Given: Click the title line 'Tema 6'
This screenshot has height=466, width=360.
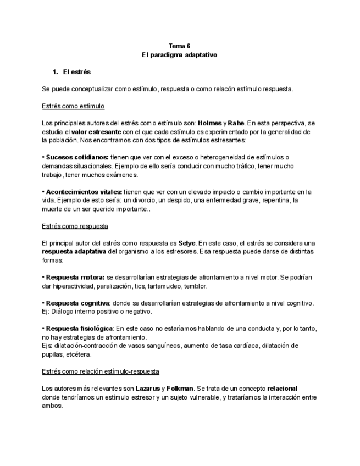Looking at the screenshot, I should point(179,46).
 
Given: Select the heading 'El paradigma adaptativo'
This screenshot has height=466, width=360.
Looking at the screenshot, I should point(179,55).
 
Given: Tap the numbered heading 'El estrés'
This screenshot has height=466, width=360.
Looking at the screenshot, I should point(77,72).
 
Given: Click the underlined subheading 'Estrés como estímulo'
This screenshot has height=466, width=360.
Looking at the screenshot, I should point(73,106).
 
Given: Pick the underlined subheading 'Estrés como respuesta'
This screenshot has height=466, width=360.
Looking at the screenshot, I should point(75,226).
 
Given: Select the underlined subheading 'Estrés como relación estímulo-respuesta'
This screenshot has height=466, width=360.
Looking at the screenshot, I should point(101,371).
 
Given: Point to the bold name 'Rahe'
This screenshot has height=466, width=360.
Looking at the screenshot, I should point(236,123).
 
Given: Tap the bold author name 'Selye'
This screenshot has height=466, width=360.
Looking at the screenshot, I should point(187,243).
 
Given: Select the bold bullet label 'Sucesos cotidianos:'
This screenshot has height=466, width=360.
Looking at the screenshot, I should point(77,157).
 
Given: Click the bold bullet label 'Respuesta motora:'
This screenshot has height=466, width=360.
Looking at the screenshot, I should point(75,277).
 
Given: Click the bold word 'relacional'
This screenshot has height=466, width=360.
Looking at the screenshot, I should point(282,389).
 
